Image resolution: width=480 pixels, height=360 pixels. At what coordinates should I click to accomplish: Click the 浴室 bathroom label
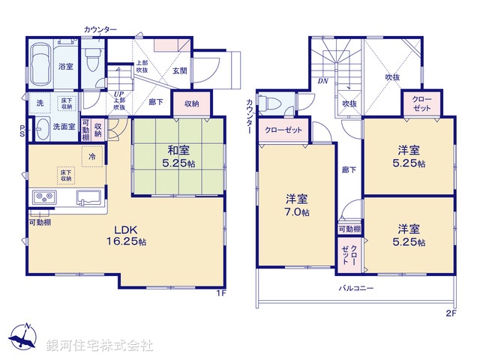click(66, 67)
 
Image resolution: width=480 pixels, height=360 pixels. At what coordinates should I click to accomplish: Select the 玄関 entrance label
click(179, 71)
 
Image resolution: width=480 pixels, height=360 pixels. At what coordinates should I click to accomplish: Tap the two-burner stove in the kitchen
click(42, 198)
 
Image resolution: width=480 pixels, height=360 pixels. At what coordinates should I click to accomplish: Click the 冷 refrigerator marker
click(92, 156)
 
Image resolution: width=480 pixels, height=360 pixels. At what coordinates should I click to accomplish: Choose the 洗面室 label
click(64, 127)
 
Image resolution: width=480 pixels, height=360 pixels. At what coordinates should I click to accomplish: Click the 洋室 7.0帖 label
click(296, 205)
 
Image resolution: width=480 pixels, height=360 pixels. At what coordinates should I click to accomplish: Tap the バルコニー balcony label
click(356, 287)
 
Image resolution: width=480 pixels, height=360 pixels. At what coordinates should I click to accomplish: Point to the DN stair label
click(322, 80)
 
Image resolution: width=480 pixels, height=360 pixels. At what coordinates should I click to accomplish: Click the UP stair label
click(118, 94)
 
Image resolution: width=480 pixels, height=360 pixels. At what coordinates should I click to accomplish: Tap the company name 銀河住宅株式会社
click(100, 346)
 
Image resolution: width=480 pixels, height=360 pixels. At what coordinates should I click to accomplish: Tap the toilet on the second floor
click(272, 104)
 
